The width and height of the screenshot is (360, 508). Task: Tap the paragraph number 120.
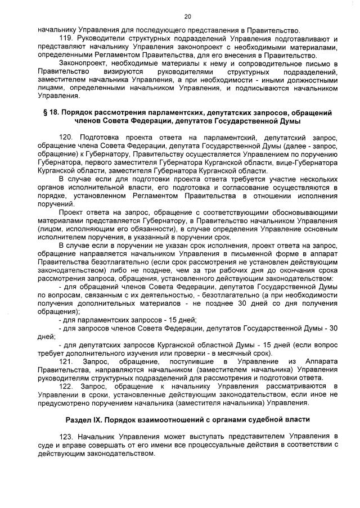66,137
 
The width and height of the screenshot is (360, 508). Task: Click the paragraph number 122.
66,387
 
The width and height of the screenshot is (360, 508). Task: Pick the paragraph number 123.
66,437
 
